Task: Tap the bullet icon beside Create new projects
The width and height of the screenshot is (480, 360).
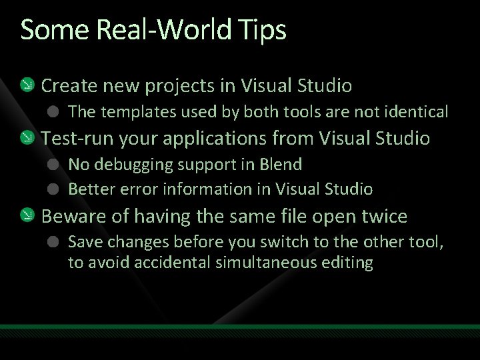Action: [x=26, y=85]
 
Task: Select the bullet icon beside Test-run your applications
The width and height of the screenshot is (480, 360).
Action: [x=26, y=139]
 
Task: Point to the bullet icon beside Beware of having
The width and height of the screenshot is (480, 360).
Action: [x=26, y=216]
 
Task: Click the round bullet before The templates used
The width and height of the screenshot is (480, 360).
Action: [x=55, y=111]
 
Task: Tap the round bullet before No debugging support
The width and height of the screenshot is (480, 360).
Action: [x=55, y=164]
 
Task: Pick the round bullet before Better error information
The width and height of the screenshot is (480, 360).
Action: [x=55, y=189]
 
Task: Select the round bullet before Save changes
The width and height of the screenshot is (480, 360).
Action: [x=55, y=241]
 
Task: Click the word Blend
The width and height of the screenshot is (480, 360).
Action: [x=282, y=164]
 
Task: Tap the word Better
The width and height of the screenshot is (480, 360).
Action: [x=91, y=189]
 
